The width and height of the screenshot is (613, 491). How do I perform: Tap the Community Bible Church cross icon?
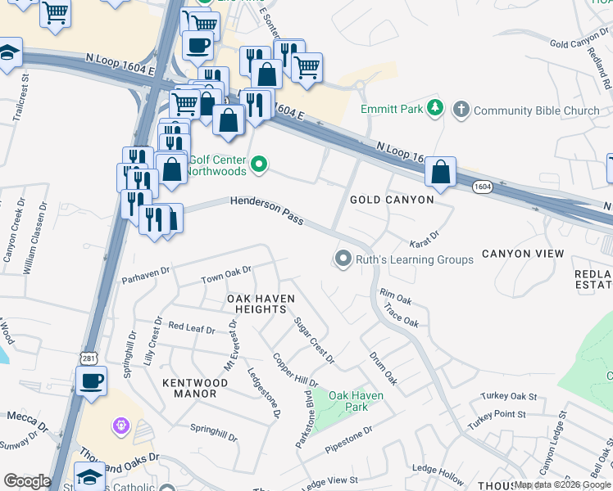point(461,109)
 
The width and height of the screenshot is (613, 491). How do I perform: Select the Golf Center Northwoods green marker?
point(260,164)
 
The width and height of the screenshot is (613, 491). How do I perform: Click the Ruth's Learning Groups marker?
point(343,259)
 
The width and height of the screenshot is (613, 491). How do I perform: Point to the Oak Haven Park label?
point(356,401)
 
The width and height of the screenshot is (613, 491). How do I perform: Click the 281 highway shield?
point(88,358)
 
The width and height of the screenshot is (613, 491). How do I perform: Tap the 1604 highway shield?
point(483,187)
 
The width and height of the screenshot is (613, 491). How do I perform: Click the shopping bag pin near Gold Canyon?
point(441,173)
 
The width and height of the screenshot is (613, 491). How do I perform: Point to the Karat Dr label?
point(424,238)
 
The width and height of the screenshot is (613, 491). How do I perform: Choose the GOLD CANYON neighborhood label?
point(392,200)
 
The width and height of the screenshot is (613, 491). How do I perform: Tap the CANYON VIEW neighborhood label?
point(523,254)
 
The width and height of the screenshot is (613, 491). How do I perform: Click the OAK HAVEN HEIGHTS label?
point(261,304)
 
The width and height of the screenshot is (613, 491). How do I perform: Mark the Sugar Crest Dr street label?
point(315,340)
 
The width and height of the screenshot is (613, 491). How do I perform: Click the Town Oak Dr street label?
point(226,275)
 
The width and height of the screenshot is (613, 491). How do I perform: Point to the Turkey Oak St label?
point(509,397)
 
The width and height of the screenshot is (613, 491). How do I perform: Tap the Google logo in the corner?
point(27,481)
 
